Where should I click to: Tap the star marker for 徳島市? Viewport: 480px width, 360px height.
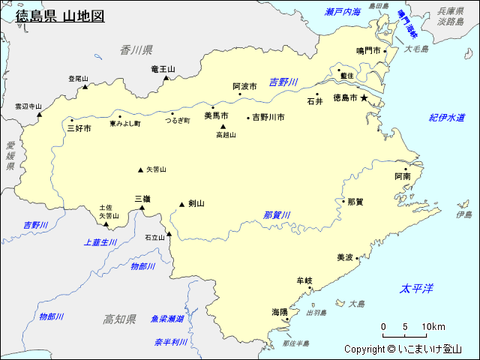coord(365,97)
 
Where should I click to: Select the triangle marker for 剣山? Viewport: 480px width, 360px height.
coord(181,204)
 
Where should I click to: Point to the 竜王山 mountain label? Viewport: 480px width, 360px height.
coord(163,69)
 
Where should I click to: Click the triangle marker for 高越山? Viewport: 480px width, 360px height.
coord(223,127)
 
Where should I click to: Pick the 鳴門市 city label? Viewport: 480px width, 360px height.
coord(369,51)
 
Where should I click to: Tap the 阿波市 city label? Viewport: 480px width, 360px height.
coord(244,86)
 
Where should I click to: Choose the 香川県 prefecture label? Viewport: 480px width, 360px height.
coord(136,49)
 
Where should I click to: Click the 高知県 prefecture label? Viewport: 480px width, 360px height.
coord(119,319)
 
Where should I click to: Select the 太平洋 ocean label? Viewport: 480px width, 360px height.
coord(417,289)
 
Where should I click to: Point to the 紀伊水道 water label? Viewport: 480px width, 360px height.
coord(447,118)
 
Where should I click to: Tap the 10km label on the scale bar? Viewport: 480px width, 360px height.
coord(433,326)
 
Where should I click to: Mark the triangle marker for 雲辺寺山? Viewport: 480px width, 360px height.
coord(40,114)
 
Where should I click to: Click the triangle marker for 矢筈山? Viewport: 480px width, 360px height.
coord(140,169)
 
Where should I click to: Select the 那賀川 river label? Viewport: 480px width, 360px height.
coord(277,215)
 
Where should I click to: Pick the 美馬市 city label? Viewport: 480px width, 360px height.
coord(216,116)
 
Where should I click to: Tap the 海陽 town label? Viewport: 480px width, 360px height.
coord(280,311)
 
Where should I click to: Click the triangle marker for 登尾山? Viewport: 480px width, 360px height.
coord(85,86)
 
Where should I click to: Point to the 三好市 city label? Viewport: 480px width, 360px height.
coord(79,128)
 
